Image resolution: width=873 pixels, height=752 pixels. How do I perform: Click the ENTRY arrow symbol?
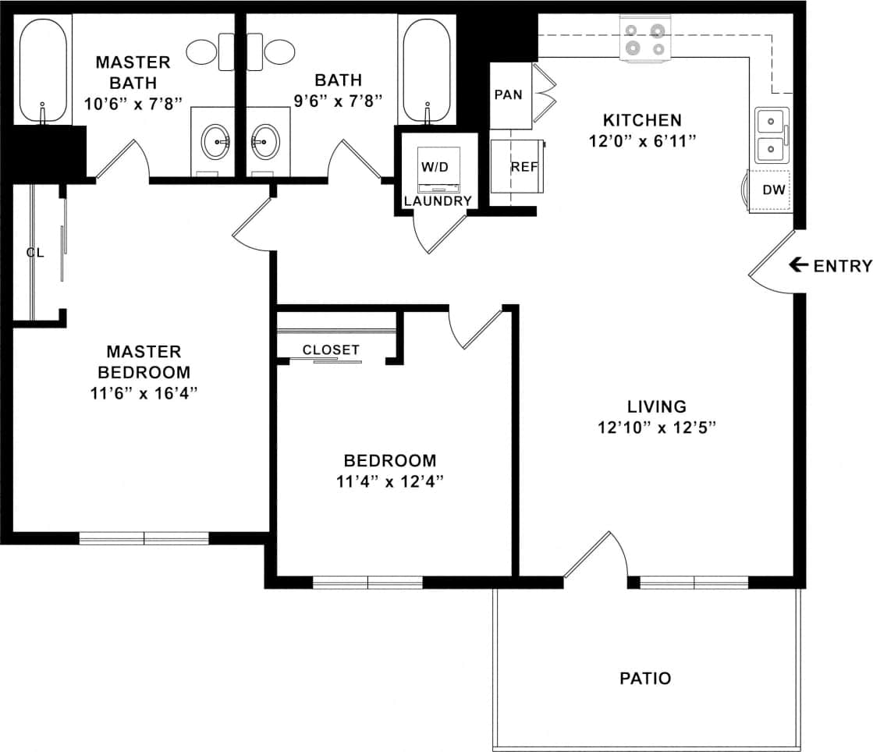point(798,265)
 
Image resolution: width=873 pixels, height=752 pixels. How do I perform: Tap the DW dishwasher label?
point(773,190)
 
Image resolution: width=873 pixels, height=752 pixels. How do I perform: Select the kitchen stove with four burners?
point(645,40)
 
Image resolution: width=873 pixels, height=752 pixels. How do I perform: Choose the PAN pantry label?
point(508,95)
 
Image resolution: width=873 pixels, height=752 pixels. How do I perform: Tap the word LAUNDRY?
point(437,201)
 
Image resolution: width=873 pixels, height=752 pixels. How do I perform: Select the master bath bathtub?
point(44,71)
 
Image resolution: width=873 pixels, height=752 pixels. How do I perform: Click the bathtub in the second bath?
point(425,71)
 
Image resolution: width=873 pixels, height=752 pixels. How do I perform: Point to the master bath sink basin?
point(215,142)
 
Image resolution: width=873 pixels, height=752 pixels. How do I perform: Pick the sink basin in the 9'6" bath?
point(265,142)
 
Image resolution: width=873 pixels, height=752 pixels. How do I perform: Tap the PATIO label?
point(645,678)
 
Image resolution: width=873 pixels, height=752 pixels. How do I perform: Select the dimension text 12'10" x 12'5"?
point(656,427)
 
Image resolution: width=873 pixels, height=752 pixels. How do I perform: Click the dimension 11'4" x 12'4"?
point(390,481)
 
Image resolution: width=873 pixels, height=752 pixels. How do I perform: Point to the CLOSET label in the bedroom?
point(331,350)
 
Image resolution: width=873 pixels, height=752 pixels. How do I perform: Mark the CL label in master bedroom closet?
point(34,252)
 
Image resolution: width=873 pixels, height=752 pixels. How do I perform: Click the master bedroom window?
point(144,537)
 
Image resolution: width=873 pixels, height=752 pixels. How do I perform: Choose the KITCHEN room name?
point(642,120)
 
